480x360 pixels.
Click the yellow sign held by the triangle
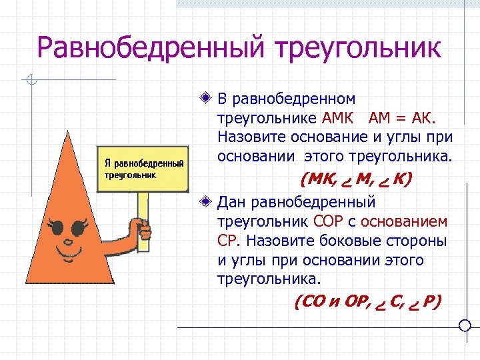(x=143, y=169)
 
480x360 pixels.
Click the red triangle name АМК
(x=343, y=119)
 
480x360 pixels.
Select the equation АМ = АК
(x=405, y=119)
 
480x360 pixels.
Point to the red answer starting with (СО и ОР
(x=367, y=301)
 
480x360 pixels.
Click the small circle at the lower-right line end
(x=466, y=326)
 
